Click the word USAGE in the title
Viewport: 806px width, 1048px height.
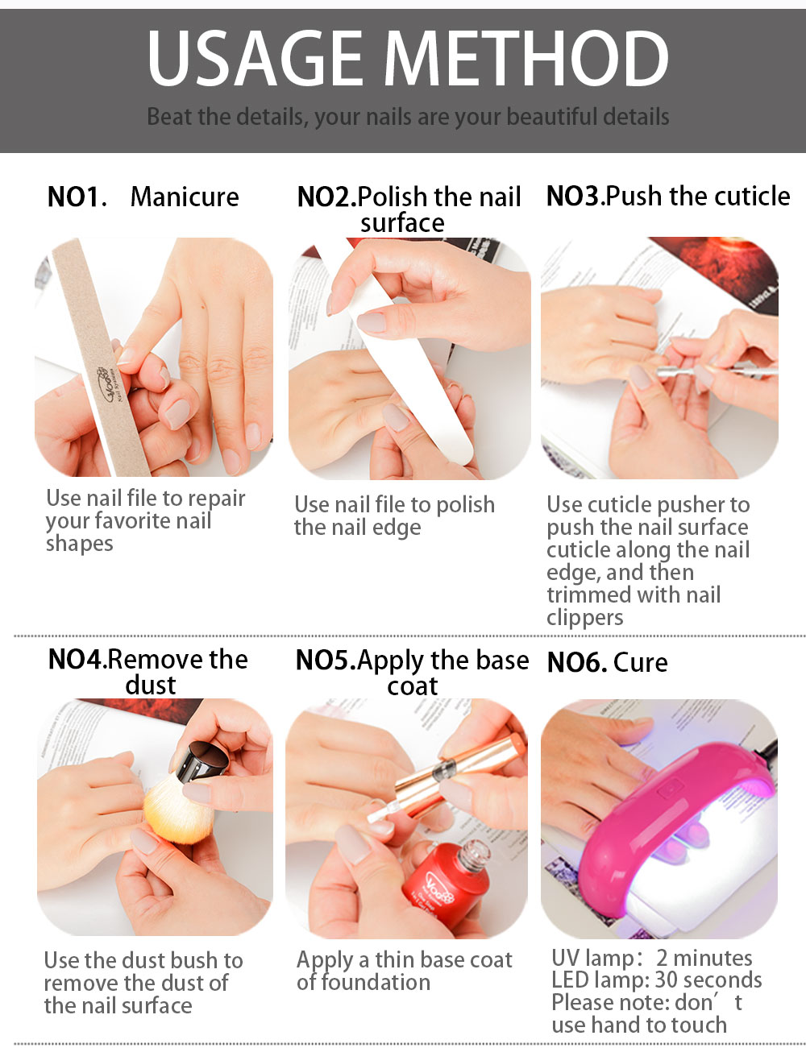(x=256, y=57)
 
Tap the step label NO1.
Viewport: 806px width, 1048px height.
(x=77, y=197)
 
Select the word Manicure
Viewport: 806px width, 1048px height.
(x=185, y=197)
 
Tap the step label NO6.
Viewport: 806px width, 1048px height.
(x=577, y=662)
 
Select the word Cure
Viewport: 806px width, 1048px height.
(x=641, y=662)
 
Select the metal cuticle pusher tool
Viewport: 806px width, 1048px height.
(x=717, y=371)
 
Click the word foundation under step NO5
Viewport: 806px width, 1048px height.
(x=364, y=983)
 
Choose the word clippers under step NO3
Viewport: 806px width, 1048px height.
(x=584, y=618)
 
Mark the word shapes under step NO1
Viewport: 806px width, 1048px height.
(x=80, y=544)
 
